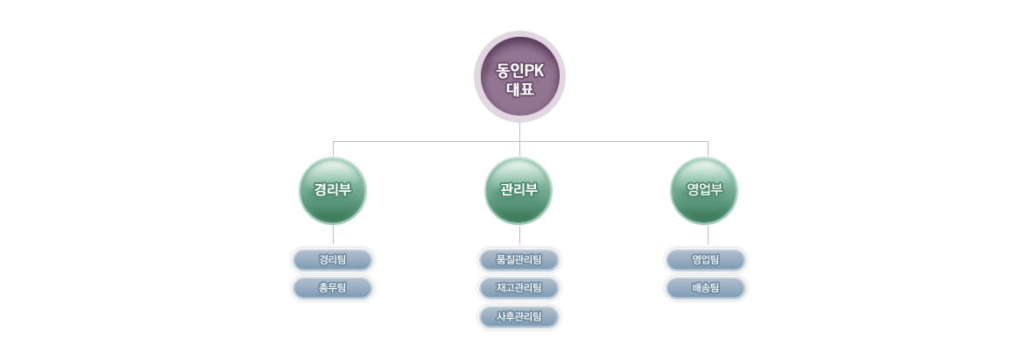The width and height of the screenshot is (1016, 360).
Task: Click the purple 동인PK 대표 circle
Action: point(519,76)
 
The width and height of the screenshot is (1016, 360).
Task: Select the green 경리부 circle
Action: point(333,191)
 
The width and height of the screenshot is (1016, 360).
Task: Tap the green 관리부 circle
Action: point(519,191)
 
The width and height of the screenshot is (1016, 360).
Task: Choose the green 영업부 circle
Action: point(704,191)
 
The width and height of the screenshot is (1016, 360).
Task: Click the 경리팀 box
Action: point(333,260)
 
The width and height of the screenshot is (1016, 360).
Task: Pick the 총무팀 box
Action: point(333,288)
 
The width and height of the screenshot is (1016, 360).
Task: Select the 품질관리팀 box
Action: point(519,260)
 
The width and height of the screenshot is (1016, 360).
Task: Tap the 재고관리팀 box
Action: point(519,288)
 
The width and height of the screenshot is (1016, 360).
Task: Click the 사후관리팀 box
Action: point(519,316)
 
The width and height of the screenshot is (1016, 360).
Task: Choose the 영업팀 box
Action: point(706,260)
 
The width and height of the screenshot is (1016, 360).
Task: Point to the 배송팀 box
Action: point(706,288)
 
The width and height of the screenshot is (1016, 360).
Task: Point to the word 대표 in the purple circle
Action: point(519,88)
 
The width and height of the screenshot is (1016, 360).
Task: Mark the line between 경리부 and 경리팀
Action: point(333,235)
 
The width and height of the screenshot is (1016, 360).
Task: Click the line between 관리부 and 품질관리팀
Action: point(519,235)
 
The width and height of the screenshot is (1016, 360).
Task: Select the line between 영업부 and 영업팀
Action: point(709,235)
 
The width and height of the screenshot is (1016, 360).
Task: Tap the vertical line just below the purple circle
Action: point(519,132)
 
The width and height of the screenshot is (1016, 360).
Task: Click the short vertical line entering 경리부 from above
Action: point(333,149)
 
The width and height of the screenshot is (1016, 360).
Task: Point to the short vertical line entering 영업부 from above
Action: point(709,149)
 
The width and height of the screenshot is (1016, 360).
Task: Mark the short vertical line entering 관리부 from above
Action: point(519,149)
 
